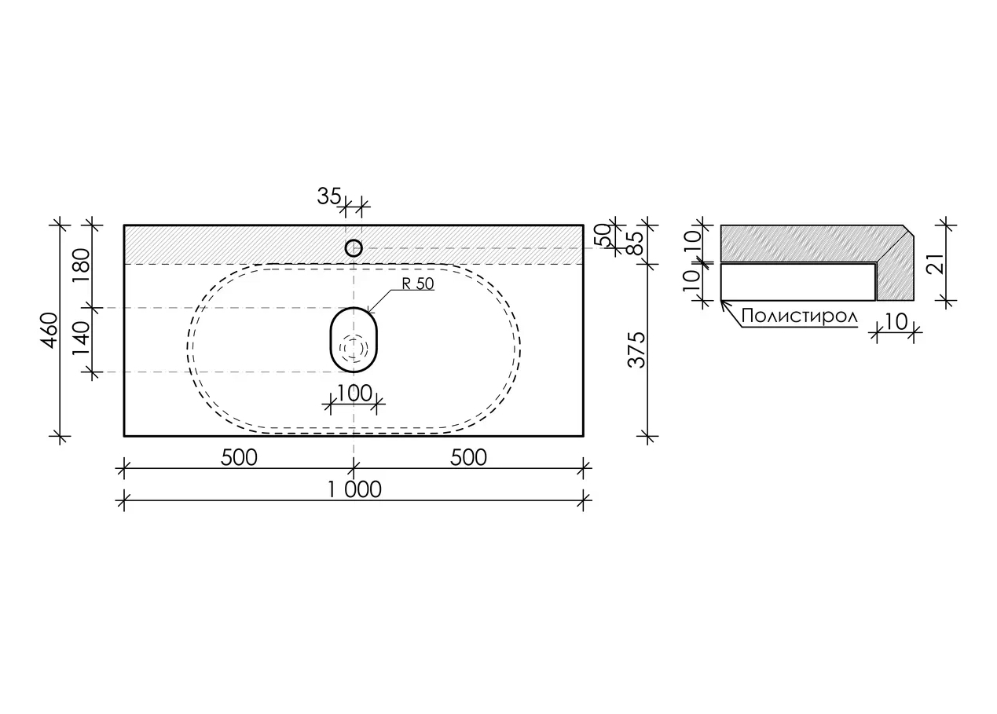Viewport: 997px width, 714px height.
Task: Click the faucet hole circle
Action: [x=354, y=240]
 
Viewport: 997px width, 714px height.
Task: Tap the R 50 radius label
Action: [x=417, y=284]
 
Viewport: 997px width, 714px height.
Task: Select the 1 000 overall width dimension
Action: [x=354, y=490]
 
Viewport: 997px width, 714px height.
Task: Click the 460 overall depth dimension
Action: [x=49, y=330]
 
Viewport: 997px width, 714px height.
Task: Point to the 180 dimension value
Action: [x=81, y=265]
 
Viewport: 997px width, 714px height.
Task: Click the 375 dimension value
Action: [x=636, y=350]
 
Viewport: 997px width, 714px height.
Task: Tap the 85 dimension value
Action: [x=636, y=243]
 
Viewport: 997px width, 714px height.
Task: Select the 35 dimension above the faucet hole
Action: [x=329, y=196]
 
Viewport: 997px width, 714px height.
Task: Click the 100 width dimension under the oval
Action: [x=354, y=394]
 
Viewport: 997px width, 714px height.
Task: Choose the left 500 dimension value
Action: [x=239, y=458]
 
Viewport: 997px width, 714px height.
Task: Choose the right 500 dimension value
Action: [x=468, y=458]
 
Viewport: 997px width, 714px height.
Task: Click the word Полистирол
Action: [x=799, y=317]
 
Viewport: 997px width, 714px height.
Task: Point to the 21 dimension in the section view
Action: [x=935, y=264]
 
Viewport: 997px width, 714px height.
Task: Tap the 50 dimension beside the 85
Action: [x=602, y=235]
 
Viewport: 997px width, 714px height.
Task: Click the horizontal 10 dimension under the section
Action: [x=896, y=321]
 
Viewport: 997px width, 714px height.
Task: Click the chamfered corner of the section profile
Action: [x=908, y=230]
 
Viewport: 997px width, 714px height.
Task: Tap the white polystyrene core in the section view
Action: [x=797, y=282]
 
